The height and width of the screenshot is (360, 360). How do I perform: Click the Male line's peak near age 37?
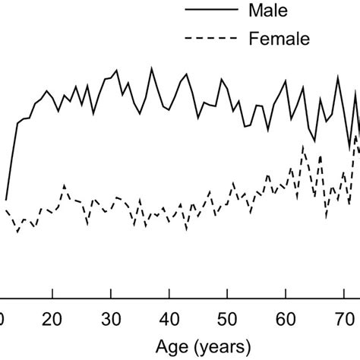point(151,68)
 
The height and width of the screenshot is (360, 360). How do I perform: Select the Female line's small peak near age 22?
point(64,185)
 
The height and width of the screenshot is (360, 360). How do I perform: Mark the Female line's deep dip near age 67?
point(326,218)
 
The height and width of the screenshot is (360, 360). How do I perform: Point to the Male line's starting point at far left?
point(6,199)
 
